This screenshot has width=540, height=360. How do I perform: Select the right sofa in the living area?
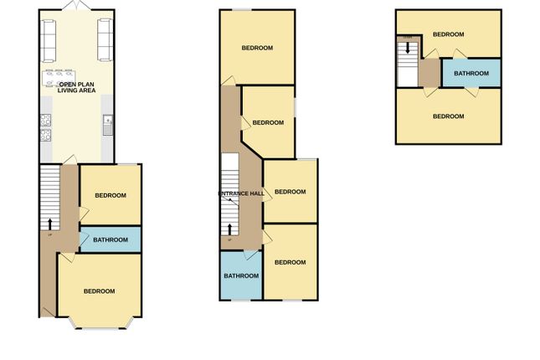coord(105,41)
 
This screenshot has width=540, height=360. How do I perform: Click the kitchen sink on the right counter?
coord(108,125)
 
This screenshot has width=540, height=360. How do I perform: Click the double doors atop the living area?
coord(76,7)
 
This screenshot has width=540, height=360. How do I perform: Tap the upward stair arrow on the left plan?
coord(49,223)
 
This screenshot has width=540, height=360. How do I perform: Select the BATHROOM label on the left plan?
coord(111,240)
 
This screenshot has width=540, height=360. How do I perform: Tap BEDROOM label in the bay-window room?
coord(99,291)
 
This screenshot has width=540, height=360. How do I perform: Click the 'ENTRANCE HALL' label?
coord(241,194)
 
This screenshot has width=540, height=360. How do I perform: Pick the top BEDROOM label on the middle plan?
coord(257,48)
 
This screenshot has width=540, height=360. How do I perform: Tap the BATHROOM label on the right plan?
coord(471,74)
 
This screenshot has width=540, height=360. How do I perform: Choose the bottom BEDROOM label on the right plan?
coord(449,116)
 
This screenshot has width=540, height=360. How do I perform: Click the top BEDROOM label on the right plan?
coord(449,34)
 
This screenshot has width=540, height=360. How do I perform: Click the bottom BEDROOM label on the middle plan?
coord(290,262)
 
